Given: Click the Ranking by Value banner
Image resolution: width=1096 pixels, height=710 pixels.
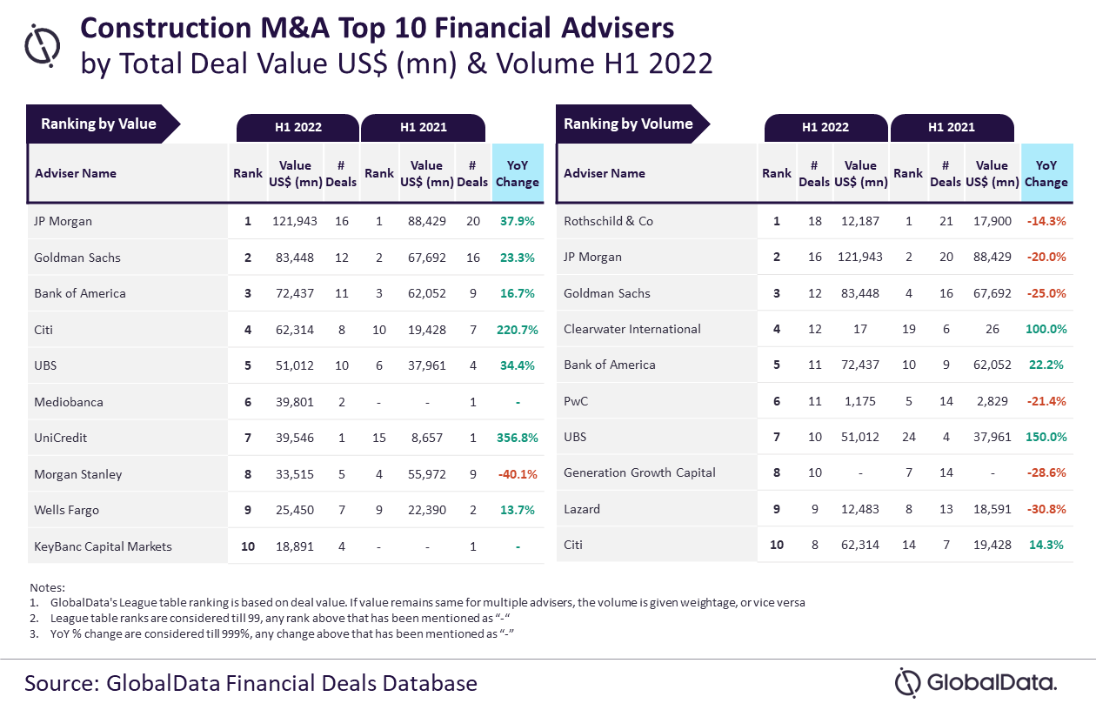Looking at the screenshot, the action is tap(103, 124).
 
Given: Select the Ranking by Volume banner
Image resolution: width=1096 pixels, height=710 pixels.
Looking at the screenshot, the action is tap(632, 124).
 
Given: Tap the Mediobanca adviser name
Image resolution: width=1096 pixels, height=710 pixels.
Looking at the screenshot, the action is tap(69, 402).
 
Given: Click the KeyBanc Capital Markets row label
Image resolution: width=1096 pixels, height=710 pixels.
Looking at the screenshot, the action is tap(103, 546).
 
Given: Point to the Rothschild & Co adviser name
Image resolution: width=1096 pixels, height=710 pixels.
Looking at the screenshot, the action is tap(608, 221).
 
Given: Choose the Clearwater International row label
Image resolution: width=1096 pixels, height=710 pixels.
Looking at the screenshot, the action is tap(632, 329).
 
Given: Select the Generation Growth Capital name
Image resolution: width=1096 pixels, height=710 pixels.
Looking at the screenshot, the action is tap(639, 472).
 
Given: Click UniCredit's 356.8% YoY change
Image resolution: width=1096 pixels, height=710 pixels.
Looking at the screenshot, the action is tap(518, 438).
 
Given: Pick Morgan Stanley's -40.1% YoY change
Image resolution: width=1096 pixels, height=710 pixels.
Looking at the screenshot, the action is tap(518, 474).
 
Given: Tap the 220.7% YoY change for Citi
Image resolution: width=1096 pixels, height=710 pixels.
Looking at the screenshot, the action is tap(518, 330).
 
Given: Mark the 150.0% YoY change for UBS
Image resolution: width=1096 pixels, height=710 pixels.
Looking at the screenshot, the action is tap(1046, 437).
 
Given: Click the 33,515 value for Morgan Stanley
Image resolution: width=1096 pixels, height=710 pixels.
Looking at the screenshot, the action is tap(295, 474).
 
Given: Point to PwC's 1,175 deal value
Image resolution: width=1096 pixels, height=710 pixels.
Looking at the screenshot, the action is tap(860, 401).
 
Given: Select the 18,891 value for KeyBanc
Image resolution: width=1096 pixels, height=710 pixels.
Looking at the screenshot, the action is tap(295, 546).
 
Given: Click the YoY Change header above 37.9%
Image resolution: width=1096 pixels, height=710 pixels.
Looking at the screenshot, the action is tap(518, 173).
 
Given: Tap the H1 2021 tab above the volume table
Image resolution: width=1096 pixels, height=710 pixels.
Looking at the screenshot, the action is tap(952, 127).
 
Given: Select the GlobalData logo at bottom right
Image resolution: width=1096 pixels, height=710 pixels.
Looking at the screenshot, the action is tap(976, 682).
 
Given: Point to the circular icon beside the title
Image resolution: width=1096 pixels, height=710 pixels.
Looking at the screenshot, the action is tap(43, 45).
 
